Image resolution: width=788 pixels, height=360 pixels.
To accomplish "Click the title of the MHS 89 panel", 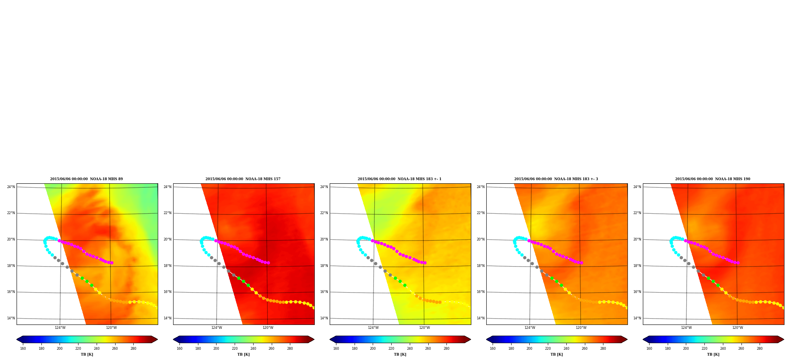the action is point(86,179).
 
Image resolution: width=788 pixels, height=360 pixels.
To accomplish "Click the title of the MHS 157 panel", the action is point(243,179).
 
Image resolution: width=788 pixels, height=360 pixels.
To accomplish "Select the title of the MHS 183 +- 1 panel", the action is point(400,179).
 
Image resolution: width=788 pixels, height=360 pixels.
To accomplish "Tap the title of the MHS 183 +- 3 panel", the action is point(556,179).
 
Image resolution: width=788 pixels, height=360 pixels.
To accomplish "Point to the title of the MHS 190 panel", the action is point(713,179).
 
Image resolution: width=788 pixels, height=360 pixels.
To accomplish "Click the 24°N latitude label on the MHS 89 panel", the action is point(11,187).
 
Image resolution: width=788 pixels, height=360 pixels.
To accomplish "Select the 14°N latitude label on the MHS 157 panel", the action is point(168,318).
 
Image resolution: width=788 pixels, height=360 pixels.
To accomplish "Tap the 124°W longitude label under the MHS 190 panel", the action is point(686,328).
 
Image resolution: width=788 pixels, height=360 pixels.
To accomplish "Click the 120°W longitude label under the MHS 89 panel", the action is point(111,328).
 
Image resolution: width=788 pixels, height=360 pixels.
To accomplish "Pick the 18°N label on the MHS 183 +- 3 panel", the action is point(481,266).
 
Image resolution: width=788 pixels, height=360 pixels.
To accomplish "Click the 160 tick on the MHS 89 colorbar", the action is point(23,349).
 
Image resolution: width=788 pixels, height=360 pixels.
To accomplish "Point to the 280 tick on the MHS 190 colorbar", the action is point(760,349).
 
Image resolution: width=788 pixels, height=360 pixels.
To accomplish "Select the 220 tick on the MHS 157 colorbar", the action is point(235,349).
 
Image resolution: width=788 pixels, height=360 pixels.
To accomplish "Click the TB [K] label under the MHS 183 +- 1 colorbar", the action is point(400,354).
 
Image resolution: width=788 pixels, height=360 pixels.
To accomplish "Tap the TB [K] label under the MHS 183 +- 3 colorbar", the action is point(556,354).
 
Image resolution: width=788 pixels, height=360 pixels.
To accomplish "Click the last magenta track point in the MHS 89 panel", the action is point(112,263).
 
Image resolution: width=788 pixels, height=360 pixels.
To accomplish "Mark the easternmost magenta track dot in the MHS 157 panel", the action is point(268,263).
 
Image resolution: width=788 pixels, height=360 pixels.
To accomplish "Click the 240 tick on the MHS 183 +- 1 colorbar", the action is point(410,349).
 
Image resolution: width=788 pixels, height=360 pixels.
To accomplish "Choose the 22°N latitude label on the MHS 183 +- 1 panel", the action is point(324,213).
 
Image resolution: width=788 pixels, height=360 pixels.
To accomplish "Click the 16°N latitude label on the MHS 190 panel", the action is point(637,292).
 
